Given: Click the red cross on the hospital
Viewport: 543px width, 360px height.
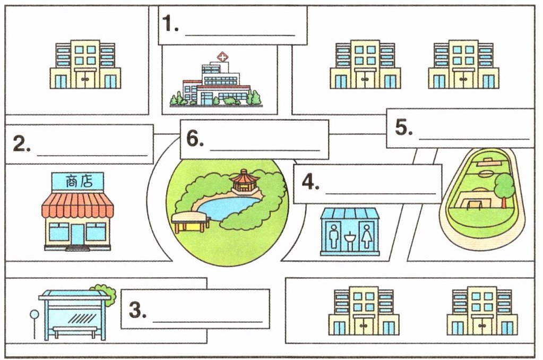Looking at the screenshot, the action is pyautogui.click(x=222, y=56).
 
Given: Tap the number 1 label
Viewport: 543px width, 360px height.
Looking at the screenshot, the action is pyautogui.click(x=170, y=24).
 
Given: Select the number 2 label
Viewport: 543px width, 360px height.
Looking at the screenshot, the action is pyautogui.click(x=22, y=144).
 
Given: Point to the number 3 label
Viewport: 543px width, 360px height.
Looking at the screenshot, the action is pyautogui.click(x=137, y=310).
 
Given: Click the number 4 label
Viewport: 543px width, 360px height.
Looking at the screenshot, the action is pyautogui.click(x=311, y=182).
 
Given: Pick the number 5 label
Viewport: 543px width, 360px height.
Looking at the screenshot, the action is pyautogui.click(x=404, y=127).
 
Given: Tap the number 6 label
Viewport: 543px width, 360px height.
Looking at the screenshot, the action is pyautogui.click(x=195, y=139).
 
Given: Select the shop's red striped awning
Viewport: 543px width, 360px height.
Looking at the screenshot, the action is pyautogui.click(x=77, y=206).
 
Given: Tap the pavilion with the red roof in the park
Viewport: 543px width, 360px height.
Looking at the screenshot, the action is pyautogui.click(x=245, y=180).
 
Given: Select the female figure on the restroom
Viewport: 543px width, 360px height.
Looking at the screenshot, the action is pyautogui.click(x=366, y=236).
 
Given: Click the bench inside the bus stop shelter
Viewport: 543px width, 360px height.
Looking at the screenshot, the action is pyautogui.click(x=75, y=331).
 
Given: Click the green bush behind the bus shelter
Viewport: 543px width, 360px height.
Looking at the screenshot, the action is pyautogui.click(x=104, y=294).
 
